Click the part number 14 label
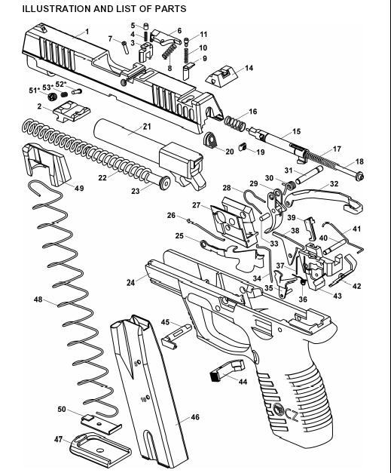point(249,68)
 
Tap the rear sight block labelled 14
point(221,77)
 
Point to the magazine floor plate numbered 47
point(100,450)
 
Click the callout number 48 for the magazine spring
point(38,299)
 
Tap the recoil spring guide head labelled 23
point(165,183)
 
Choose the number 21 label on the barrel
point(147,127)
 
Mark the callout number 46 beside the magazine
point(195,417)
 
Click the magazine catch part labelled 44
point(227,371)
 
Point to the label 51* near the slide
point(35,91)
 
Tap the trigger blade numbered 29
point(277,211)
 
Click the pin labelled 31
point(310,175)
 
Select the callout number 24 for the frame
point(130,283)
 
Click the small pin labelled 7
point(125,48)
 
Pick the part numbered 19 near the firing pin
point(243,146)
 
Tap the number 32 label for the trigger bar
point(334,184)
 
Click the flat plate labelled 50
point(102,424)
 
